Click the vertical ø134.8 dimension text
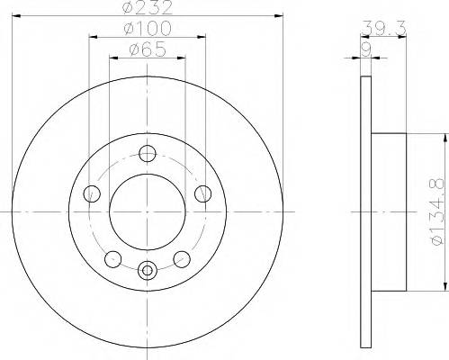(435, 213)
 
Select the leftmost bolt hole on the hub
(90, 193)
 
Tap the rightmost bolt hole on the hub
(202, 193)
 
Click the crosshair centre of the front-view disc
(147, 211)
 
